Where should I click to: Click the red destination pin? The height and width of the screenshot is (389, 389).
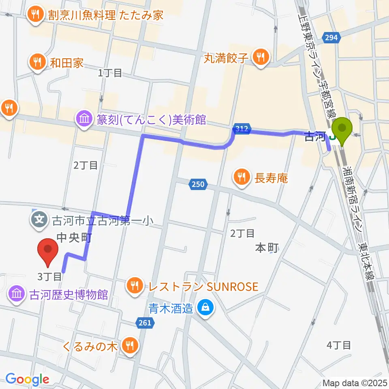coord(48,251)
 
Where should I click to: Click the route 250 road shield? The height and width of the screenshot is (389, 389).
coord(197,184)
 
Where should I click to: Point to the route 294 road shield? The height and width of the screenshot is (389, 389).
coord(331,38)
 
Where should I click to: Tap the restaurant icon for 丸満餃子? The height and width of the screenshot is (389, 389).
coord(259,58)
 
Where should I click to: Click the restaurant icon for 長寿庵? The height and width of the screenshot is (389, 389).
coord(242,177)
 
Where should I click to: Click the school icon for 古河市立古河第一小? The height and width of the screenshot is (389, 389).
coord(39,220)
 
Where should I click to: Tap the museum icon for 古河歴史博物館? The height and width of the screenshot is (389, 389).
coord(17,294)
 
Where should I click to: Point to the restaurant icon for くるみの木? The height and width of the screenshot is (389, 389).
coord(130,346)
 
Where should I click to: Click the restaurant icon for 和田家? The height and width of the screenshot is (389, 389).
coord(38,63)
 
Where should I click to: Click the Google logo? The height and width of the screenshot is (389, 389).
coord(27,379)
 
